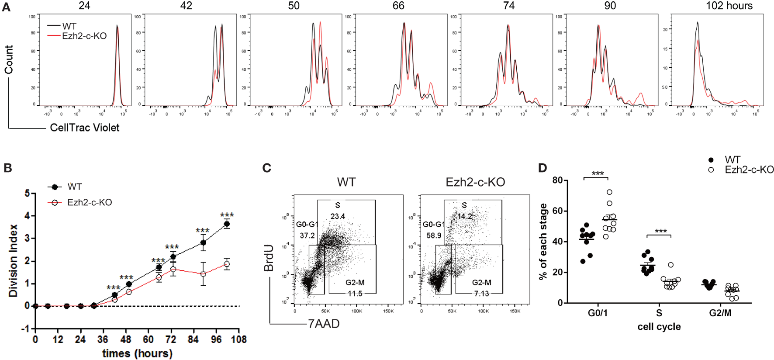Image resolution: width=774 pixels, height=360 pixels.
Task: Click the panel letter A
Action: [6, 7]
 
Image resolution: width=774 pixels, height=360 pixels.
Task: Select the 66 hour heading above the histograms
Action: [398, 6]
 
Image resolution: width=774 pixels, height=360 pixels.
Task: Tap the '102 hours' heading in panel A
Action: [729, 6]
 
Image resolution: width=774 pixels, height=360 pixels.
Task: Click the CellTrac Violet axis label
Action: [84, 128]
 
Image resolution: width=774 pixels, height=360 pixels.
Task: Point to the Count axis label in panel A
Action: [9, 59]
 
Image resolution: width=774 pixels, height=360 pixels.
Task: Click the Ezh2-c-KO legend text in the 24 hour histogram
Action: [84, 36]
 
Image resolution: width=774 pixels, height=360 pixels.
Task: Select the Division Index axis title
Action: [13, 260]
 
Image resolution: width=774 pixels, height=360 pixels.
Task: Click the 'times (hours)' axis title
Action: [137, 353]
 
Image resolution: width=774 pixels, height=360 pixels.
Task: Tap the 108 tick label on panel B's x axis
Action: [238, 339]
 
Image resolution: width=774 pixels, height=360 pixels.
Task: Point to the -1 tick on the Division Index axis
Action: [26, 329]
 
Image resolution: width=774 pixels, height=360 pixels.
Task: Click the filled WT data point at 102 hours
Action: [227, 224]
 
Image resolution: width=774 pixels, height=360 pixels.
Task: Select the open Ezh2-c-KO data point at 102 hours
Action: [227, 264]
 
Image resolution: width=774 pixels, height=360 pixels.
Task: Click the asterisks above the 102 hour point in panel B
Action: [227, 215]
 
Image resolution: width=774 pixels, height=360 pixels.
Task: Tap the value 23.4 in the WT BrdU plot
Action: [338, 216]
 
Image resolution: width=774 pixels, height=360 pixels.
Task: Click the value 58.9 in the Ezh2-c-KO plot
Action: [434, 235]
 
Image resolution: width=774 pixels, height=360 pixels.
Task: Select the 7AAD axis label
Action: [324, 324]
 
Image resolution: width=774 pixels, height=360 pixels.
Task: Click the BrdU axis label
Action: [269, 258]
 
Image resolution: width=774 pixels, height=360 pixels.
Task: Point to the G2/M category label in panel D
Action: [720, 313]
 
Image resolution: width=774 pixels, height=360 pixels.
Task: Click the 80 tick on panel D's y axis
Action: [557, 180]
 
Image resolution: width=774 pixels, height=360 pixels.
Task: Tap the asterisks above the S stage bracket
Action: [660, 232]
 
